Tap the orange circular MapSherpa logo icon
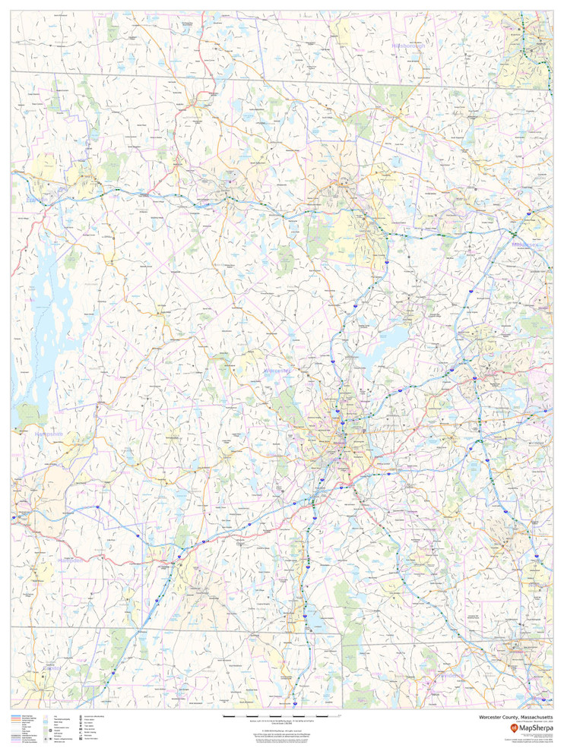click(x=514, y=727)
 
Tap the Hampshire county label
click(x=49, y=434)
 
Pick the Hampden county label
click(x=72, y=560)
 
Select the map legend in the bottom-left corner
click(x=61, y=729)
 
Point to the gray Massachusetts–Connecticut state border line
click(x=228, y=630)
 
